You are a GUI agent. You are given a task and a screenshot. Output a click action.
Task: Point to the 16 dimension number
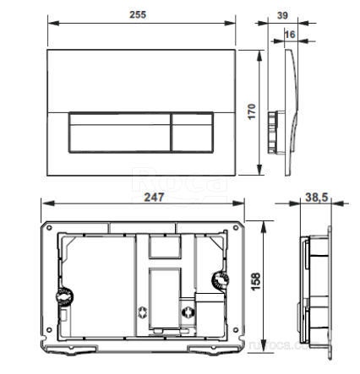click(291, 35)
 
